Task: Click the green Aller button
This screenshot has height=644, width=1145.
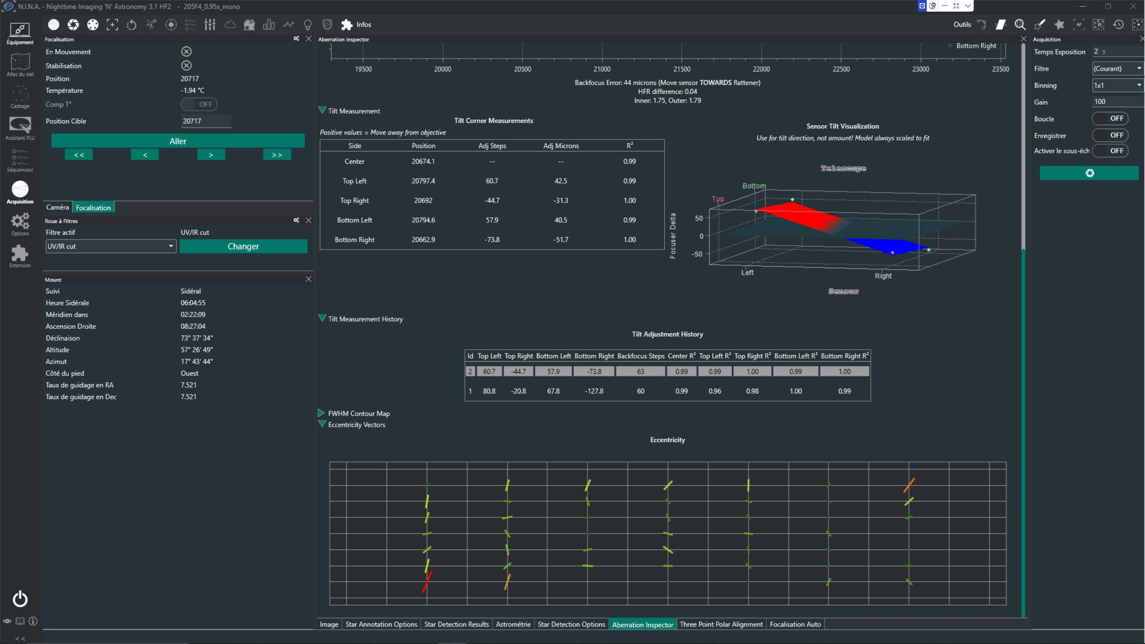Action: coord(178,141)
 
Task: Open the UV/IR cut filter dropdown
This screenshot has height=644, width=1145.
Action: coord(110,246)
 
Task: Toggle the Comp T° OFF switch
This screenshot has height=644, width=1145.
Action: coord(199,104)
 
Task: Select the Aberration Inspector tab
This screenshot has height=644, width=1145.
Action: coord(642,624)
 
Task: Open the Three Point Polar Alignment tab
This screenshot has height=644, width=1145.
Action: coord(721,624)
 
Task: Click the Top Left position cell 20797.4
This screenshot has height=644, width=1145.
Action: coord(423,181)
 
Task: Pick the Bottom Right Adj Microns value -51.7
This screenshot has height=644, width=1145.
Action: coord(560,239)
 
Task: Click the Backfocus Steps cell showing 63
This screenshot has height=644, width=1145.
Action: coord(640,371)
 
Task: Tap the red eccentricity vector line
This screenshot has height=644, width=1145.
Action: coord(427,582)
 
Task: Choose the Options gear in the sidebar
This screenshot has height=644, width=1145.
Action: coord(20,224)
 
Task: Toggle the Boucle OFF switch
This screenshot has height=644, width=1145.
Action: coord(1110,119)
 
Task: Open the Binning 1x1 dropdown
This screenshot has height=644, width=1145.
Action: coord(1117,85)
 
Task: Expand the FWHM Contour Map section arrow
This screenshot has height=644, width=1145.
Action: coord(321,413)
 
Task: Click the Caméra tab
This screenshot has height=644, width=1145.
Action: coord(57,207)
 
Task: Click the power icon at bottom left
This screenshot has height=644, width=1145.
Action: coord(20,598)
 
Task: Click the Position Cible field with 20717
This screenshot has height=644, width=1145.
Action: coord(206,121)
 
